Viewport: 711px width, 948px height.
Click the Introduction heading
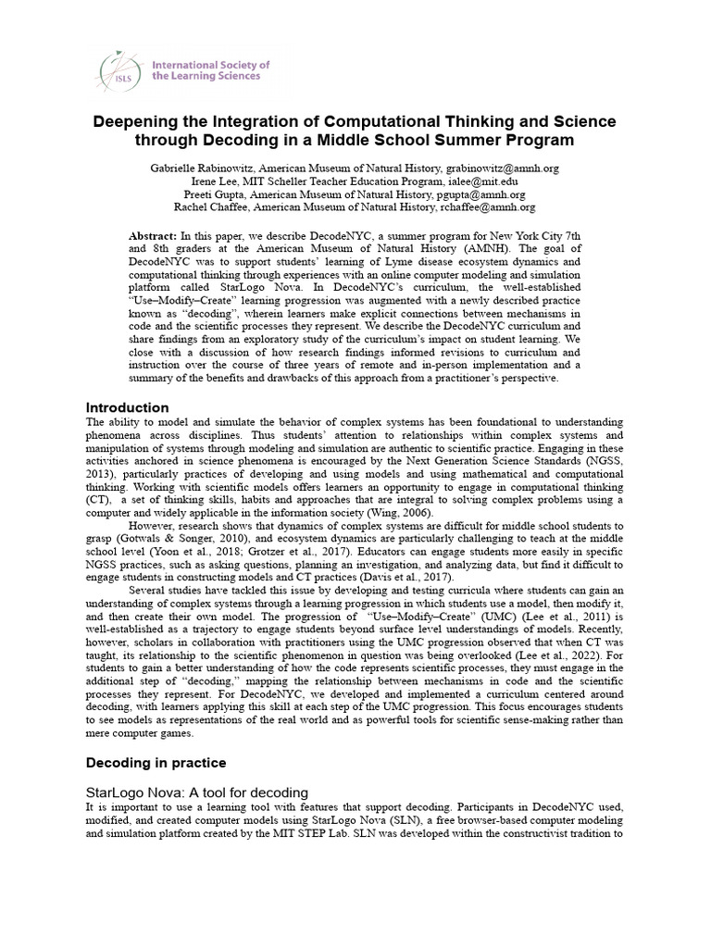(127, 407)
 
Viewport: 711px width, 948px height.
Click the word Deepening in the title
(145, 122)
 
